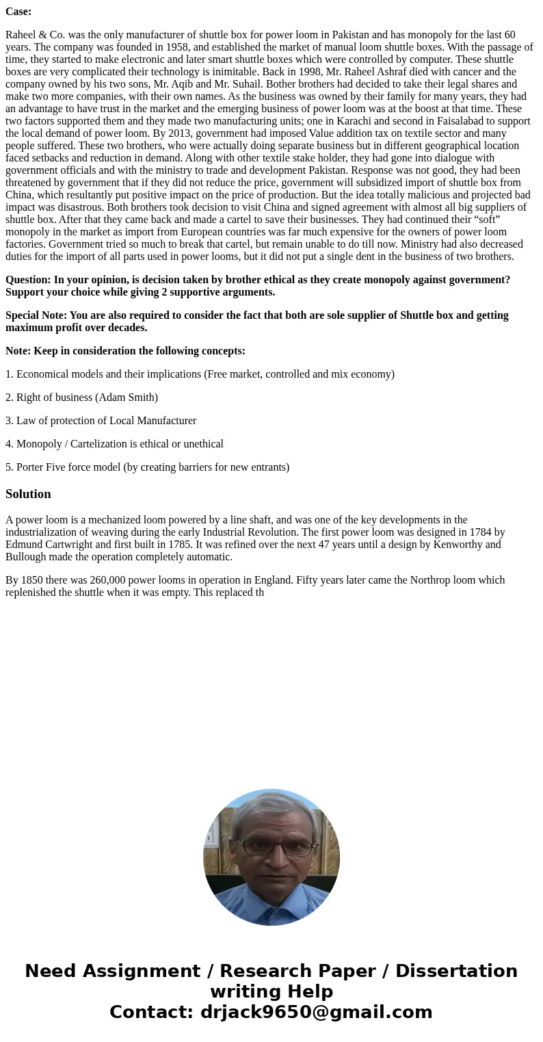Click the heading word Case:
pyautogui.click(x=18, y=12)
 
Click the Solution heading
pyautogui.click(x=28, y=494)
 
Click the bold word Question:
pyautogui.click(x=28, y=280)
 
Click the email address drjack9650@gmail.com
pyautogui.click(x=316, y=1013)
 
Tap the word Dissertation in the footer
pyautogui.click(x=456, y=972)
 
